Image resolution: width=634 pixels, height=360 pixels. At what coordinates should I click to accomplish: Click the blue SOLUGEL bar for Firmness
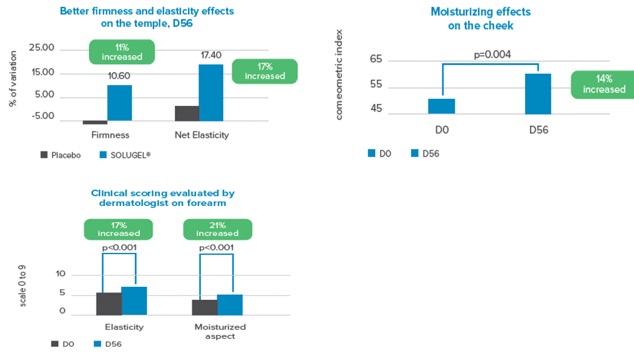click(x=119, y=103)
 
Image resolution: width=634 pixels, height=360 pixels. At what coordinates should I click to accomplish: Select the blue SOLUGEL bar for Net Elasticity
click(x=210, y=93)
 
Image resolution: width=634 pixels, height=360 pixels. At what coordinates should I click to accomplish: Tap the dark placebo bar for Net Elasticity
click(x=187, y=113)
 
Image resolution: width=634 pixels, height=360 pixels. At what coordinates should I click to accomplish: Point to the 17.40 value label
click(x=211, y=56)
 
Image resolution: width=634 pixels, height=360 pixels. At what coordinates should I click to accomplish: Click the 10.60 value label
click(x=119, y=76)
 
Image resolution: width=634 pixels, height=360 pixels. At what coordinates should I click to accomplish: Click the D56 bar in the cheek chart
click(x=538, y=94)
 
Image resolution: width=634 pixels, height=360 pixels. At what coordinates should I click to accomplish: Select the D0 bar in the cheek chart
click(x=442, y=106)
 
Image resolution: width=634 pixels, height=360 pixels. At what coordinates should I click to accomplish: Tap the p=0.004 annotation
click(x=492, y=54)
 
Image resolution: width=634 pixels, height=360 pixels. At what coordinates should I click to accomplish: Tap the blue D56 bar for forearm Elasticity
click(x=134, y=301)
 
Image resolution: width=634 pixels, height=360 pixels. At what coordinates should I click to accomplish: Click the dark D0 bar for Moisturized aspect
click(x=205, y=307)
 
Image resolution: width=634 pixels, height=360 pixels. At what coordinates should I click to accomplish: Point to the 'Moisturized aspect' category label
click(x=220, y=331)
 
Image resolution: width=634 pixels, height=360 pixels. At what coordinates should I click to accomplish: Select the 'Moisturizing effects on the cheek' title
click(x=481, y=18)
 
